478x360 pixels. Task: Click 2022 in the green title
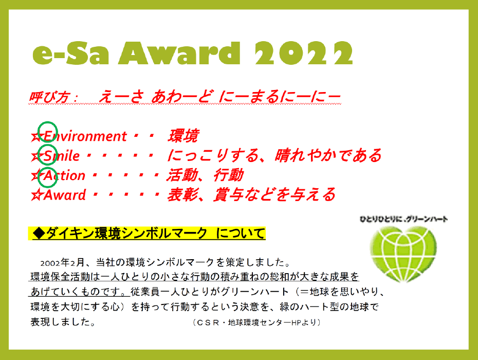point(304,53)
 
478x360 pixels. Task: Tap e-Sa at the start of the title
point(70,53)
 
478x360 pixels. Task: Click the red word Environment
point(85,136)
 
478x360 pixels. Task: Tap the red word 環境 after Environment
point(183,136)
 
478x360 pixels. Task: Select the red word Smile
point(62,156)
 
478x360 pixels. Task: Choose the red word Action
point(64,175)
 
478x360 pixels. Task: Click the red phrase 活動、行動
point(205,175)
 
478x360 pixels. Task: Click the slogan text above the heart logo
point(403,219)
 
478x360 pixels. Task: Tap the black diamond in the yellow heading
point(39,233)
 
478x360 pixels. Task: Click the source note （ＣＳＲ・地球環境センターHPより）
point(256,322)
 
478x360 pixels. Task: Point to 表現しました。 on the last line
point(63,321)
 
